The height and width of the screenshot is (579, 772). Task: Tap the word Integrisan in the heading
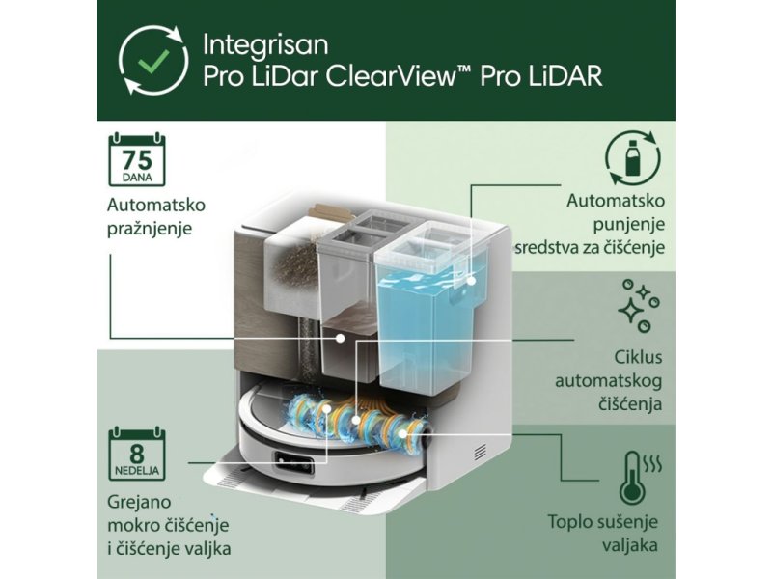point(266,44)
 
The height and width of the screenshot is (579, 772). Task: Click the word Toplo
point(573,523)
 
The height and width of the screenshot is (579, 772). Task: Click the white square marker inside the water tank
point(472,281)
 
